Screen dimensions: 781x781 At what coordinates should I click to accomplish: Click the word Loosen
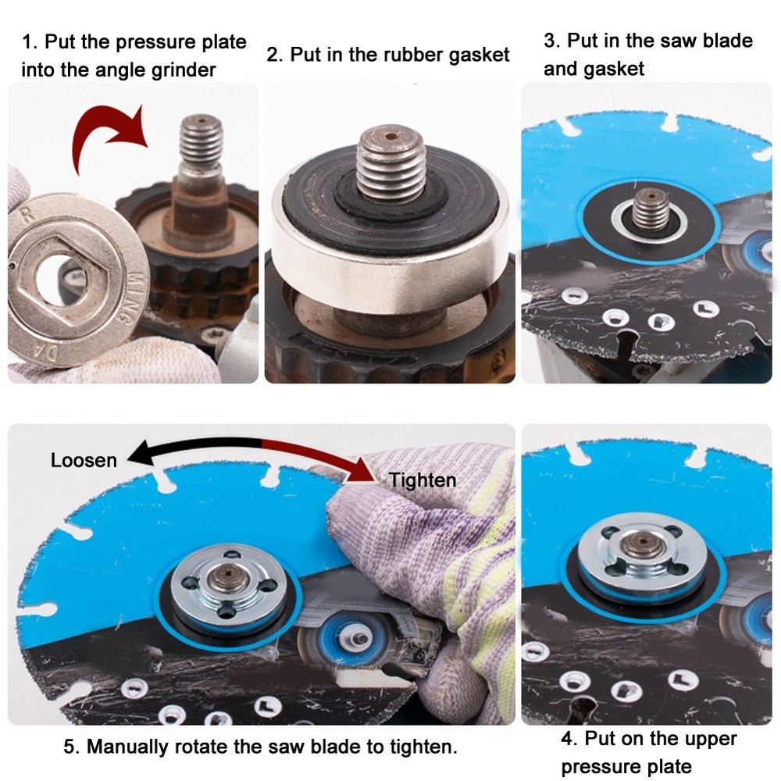(84, 460)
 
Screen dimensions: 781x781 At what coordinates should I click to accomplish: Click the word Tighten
(422, 480)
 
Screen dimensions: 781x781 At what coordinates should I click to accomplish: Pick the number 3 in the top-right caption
(549, 41)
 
